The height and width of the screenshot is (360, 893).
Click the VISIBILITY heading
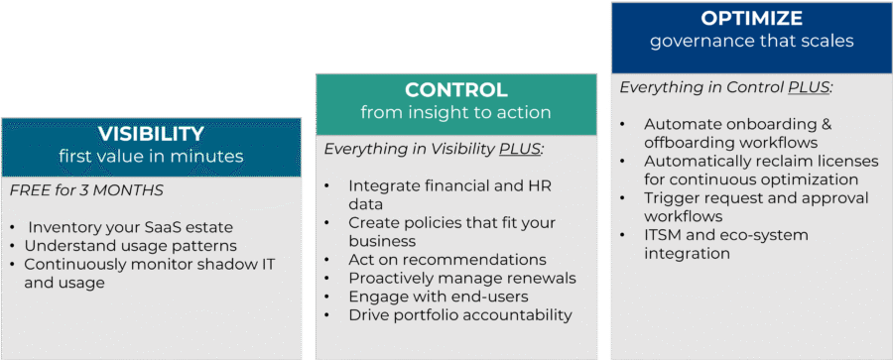[151, 134]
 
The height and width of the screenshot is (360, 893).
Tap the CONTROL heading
[455, 89]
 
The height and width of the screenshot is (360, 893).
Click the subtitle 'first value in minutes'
[151, 156]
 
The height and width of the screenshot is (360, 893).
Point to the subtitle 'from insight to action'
[455, 112]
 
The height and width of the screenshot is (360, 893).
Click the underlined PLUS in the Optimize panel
[810, 87]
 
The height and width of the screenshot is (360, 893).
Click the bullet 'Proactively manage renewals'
[461, 278]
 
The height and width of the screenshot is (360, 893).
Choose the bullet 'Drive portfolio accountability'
[459, 315]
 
